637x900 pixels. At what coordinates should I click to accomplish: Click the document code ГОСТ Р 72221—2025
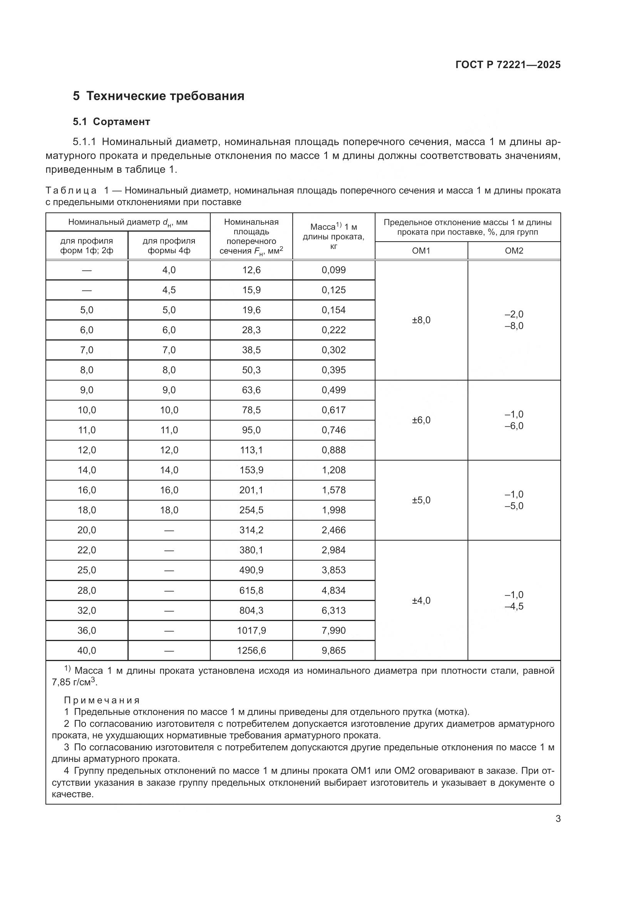[x=508, y=65]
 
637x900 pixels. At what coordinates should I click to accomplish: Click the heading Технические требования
[x=165, y=96]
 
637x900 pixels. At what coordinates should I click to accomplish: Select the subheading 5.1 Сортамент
[x=111, y=122]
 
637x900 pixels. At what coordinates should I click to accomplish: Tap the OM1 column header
[x=421, y=250]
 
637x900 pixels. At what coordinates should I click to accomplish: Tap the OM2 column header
[x=514, y=250]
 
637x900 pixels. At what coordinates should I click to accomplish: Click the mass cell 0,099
[x=334, y=270]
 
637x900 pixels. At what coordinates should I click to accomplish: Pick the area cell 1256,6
[x=251, y=650]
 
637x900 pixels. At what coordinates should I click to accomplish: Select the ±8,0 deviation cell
[x=421, y=320]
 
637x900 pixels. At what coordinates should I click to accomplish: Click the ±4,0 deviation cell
[x=421, y=600]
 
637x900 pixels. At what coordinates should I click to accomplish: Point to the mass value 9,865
[x=334, y=650]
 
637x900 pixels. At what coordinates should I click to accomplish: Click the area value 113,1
[x=251, y=450]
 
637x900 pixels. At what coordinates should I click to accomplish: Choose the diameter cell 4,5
[x=169, y=290]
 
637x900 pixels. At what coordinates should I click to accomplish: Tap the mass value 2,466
[x=334, y=530]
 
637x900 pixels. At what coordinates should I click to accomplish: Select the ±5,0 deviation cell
[x=421, y=500]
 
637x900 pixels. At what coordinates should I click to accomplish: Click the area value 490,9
[x=251, y=570]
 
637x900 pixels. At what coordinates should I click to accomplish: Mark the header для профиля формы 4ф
[x=169, y=246]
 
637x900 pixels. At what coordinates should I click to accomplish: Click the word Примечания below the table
[x=102, y=700]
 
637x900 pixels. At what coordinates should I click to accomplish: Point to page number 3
[x=558, y=819]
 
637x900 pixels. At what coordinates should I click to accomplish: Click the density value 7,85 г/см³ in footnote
[x=75, y=683]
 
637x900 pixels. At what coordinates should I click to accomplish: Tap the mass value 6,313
[x=334, y=610]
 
